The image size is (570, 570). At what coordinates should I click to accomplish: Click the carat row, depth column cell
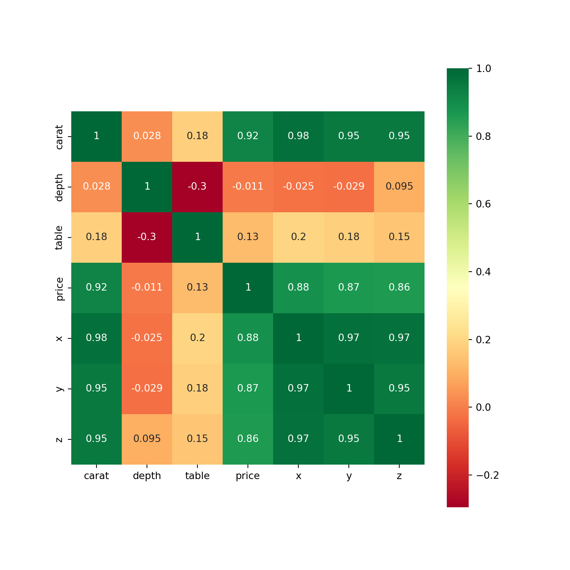coord(147,136)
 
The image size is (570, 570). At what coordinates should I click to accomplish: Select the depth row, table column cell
coord(197,187)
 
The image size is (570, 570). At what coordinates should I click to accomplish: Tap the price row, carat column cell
coord(96,288)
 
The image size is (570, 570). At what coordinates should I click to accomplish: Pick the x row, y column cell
coord(349,338)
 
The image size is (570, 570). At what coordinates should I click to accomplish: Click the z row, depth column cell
coord(147,439)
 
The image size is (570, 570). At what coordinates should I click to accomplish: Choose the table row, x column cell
coord(298,237)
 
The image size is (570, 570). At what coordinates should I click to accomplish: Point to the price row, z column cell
coord(399,288)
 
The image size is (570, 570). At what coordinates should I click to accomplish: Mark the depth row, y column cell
coord(349,187)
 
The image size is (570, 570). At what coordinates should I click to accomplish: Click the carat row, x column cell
coord(298,136)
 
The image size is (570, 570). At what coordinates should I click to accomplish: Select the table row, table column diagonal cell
coord(197,237)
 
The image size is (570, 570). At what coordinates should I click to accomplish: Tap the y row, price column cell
coord(248,389)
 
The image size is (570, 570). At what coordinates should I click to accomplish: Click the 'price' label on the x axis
coord(248,476)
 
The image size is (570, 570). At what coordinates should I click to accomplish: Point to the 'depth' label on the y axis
coord(59,187)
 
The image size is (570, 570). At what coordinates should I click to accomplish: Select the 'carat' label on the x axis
coord(96,476)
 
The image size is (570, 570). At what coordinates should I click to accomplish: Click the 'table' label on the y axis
coord(59,237)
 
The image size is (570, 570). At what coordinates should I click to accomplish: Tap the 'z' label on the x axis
coord(399,476)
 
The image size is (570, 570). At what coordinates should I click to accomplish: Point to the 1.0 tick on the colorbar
coord(483,69)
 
